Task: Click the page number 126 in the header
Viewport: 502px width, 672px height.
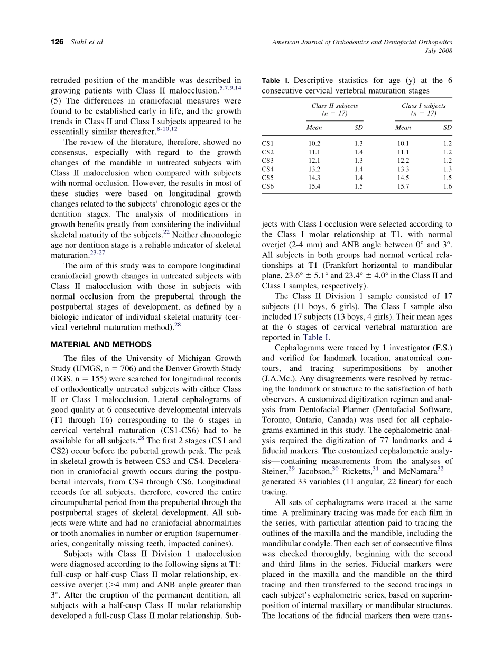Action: pos(57,42)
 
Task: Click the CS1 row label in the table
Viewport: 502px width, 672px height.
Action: pos(267,143)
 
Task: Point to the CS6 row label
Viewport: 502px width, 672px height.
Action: pos(267,186)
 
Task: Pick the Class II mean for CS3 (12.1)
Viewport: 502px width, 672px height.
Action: pos(314,161)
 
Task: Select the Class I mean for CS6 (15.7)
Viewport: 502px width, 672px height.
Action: pos(403,186)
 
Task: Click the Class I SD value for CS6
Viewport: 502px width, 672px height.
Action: pos(447,186)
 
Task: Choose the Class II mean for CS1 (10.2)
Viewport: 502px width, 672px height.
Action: pos(314,143)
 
